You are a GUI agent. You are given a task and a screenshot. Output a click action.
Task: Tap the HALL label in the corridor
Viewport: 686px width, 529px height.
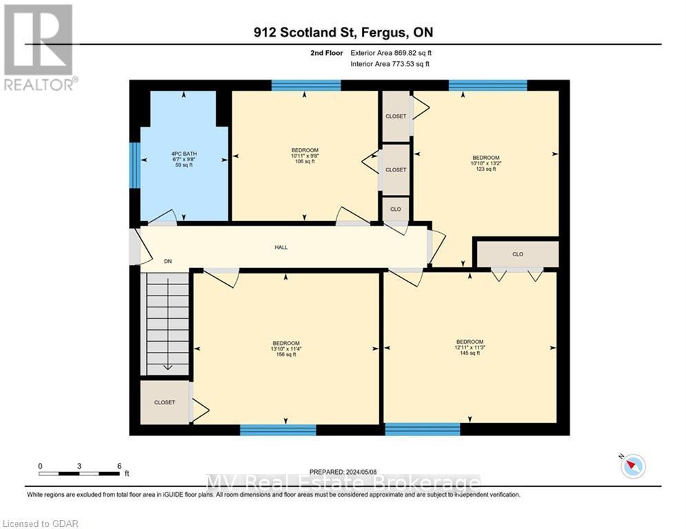280,247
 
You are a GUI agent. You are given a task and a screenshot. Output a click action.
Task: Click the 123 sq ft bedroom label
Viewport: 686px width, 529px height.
485,163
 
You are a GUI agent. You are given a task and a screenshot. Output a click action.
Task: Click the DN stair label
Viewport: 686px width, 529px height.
168,262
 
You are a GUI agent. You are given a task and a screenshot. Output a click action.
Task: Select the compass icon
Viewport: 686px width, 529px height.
632,466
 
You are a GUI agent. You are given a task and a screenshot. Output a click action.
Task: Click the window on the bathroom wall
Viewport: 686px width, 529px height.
135,165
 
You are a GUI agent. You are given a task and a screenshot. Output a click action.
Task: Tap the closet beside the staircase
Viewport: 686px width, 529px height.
165,402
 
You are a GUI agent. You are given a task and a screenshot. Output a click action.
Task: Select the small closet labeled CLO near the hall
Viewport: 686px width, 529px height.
396,209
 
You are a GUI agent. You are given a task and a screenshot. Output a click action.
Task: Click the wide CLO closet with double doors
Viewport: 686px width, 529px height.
518,254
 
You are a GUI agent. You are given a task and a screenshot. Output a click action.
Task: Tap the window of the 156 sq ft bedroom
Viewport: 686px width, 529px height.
278,431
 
